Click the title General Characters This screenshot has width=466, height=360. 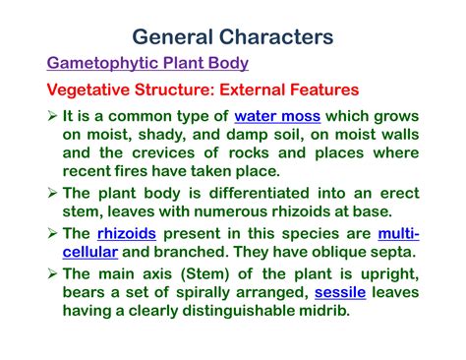pyautogui.click(x=232, y=36)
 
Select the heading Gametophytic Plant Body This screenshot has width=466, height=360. pyautogui.click(x=147, y=64)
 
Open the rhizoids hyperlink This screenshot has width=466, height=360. pyautogui.click(x=128, y=233)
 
